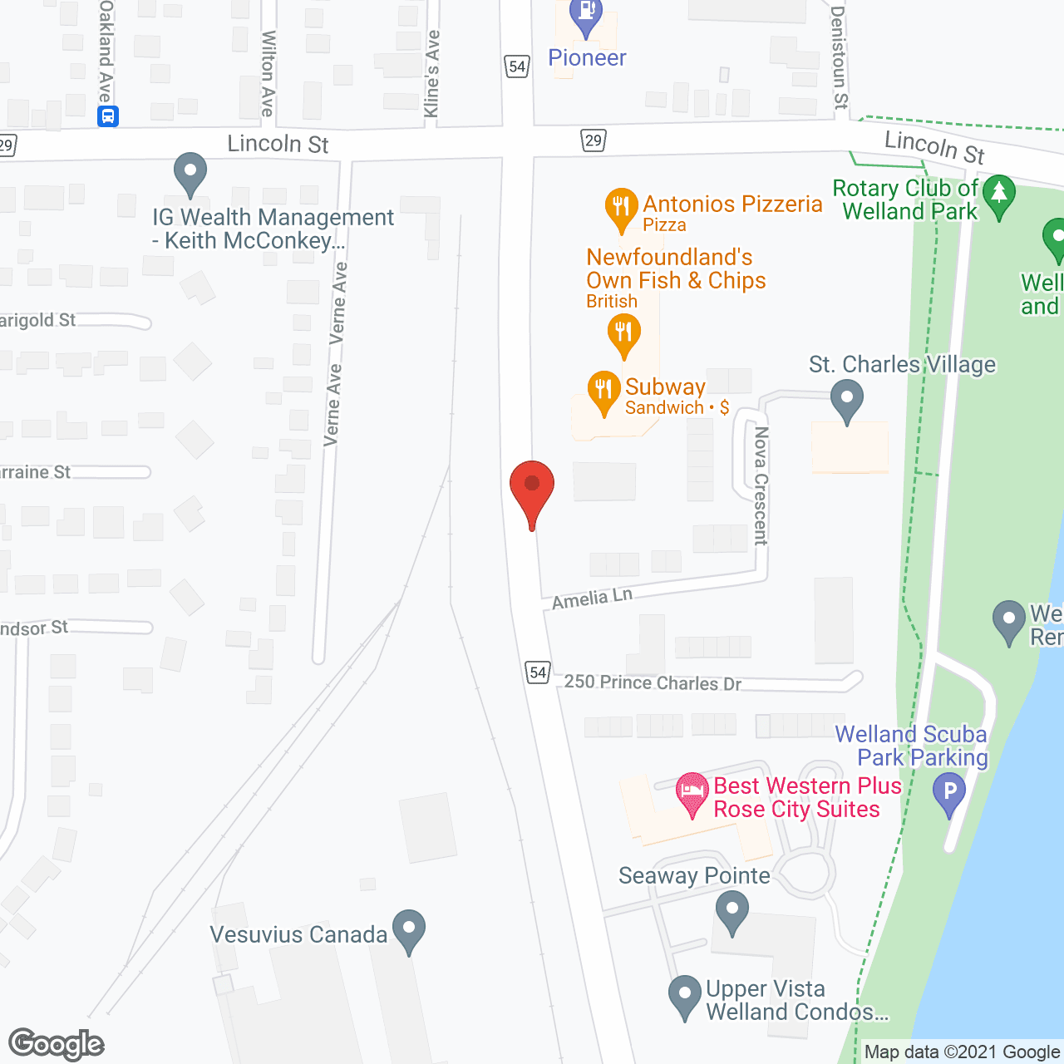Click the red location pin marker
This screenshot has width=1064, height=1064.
tap(531, 487)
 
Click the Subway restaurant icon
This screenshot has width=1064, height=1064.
tap(603, 391)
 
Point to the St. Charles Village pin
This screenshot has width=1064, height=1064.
tap(846, 400)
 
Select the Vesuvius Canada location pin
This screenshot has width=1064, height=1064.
tap(408, 930)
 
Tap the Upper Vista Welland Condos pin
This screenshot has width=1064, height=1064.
tap(685, 995)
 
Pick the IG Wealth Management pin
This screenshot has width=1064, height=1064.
tap(190, 173)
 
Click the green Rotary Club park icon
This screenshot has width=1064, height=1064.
tap(998, 195)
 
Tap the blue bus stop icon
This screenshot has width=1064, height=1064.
tap(108, 116)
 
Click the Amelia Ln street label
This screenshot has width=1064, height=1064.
tap(592, 598)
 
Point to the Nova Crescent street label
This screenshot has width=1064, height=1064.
tap(760, 485)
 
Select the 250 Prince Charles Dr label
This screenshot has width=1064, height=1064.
tap(653, 682)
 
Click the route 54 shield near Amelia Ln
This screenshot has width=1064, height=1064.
tap(538, 672)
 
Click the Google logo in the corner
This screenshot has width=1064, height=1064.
tap(57, 1044)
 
